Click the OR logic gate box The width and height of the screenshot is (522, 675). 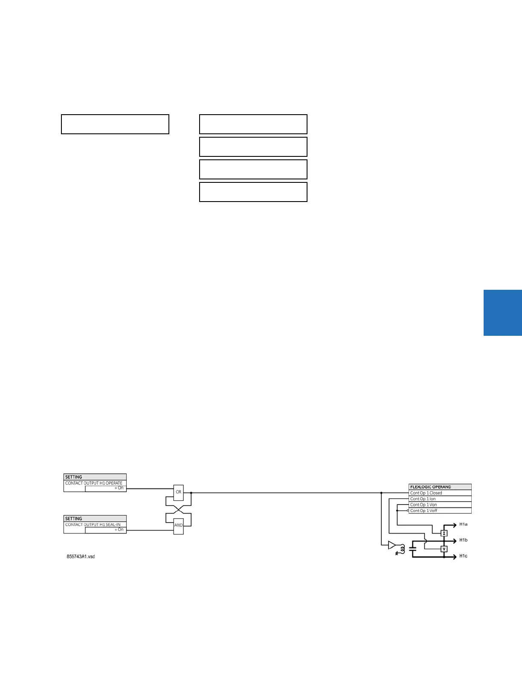[x=178, y=492]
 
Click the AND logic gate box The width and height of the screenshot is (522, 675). [x=178, y=525]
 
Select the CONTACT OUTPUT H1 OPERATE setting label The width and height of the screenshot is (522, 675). [x=94, y=483]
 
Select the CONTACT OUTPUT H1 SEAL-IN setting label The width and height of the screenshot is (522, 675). [x=93, y=525]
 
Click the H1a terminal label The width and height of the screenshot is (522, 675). [x=463, y=524]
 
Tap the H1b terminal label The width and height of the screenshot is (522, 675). [x=463, y=540]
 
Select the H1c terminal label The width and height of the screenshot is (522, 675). [x=463, y=556]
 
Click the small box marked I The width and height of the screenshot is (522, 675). [x=444, y=533]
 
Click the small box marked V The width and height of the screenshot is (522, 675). [x=444, y=549]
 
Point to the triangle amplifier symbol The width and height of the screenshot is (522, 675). [x=391, y=545]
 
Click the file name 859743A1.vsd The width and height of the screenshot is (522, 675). [x=81, y=557]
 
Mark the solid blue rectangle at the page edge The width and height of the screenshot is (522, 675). [x=502, y=313]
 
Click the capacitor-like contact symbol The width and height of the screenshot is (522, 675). [x=412, y=549]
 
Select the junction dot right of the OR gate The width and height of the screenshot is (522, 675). [x=191, y=493]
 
